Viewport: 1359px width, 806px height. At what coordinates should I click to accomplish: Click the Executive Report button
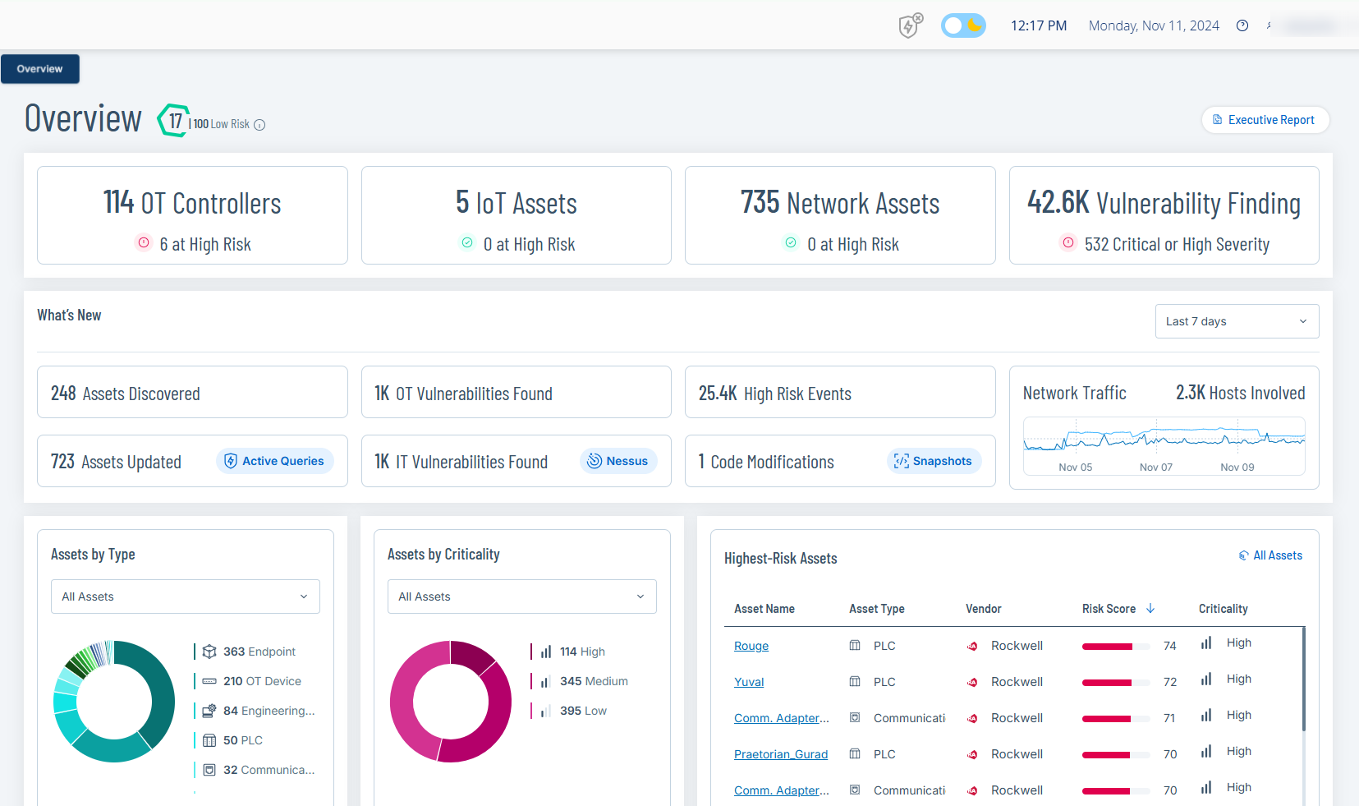[1265, 120]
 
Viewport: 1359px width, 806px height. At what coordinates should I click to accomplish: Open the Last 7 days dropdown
[1236, 321]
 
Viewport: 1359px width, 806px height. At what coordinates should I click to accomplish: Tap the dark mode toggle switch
[963, 25]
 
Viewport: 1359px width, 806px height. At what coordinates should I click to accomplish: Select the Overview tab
[39, 69]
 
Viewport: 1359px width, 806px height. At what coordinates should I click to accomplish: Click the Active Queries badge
[275, 461]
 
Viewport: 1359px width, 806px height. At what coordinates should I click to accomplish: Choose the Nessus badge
[618, 461]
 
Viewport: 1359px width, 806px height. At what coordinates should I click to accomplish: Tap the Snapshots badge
[933, 461]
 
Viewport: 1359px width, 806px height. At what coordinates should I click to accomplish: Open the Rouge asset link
[751, 646]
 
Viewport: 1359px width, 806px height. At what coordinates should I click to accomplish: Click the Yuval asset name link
[749, 682]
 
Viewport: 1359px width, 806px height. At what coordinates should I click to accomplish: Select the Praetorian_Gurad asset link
[781, 754]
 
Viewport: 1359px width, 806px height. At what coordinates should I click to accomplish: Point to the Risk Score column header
[1109, 609]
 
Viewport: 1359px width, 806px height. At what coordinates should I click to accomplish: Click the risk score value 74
[1170, 646]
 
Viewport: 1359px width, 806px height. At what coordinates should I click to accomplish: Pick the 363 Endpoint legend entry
[259, 652]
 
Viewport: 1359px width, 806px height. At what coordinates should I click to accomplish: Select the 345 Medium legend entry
[593, 681]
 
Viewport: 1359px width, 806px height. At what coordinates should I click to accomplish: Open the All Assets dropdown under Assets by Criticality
[522, 596]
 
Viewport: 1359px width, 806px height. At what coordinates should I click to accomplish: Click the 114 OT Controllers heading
[192, 203]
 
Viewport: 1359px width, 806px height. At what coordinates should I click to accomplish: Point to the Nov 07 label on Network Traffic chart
[1156, 467]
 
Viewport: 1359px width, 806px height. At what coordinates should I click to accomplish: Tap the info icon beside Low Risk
[259, 125]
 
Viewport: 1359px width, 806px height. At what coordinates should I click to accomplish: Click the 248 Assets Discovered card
[192, 393]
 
